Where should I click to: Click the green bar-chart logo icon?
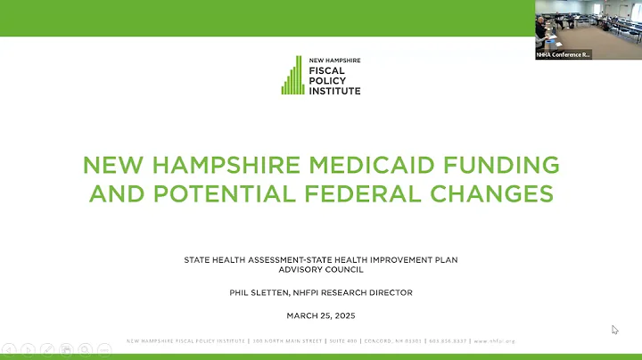(x=293, y=76)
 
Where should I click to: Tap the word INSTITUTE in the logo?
(x=335, y=89)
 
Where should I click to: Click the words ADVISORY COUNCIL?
(x=321, y=270)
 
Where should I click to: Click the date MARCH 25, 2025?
(x=321, y=315)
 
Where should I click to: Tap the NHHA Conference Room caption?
(x=564, y=54)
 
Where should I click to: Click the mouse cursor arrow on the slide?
(x=614, y=329)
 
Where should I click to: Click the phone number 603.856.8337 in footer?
(x=449, y=341)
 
